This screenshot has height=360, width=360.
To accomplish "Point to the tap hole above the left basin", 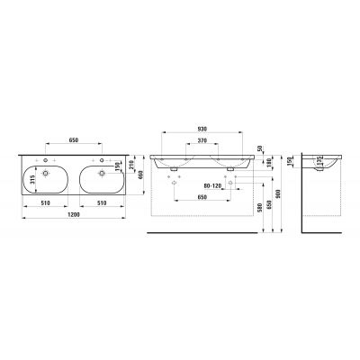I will tap(42, 159).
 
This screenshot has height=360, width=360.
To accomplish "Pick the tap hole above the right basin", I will tap(103, 159).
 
